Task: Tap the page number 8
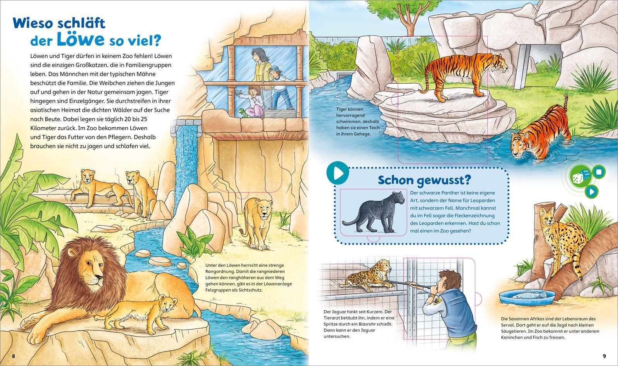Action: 13,356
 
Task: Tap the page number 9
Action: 604,356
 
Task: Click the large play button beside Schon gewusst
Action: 338,173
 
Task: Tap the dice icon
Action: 581,176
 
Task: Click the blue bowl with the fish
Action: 527,296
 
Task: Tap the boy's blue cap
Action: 275,69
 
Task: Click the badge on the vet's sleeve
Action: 436,301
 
